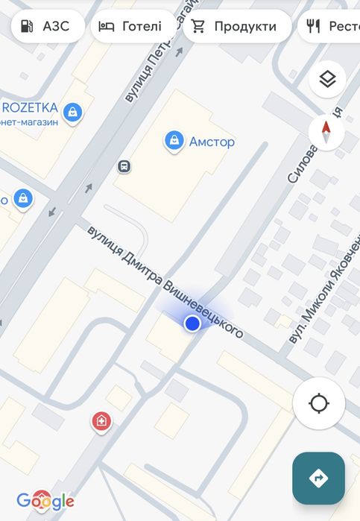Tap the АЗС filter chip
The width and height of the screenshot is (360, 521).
pos(47,27)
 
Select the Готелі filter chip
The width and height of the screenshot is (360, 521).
pos(130,27)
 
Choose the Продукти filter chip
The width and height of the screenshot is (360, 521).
pos(233,27)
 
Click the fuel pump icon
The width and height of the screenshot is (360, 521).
pos(28,27)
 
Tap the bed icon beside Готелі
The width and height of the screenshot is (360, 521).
pos(107,27)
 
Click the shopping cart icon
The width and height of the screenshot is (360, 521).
pos(198,27)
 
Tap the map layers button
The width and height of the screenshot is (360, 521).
pos(326,79)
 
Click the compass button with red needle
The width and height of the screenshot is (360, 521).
pos(326,133)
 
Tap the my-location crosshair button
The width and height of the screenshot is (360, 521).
pos(319,404)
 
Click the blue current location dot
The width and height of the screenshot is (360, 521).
pos(192,323)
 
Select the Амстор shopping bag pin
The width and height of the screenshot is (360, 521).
pos(174,140)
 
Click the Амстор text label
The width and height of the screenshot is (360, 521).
pos(212,142)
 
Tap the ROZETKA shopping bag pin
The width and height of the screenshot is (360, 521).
pos(72,113)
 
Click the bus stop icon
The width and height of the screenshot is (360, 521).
pos(124,166)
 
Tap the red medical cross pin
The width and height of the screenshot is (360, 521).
pos(101,422)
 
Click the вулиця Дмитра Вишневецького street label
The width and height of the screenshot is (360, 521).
pos(165,282)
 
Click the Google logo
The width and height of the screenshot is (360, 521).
pos(45,501)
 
